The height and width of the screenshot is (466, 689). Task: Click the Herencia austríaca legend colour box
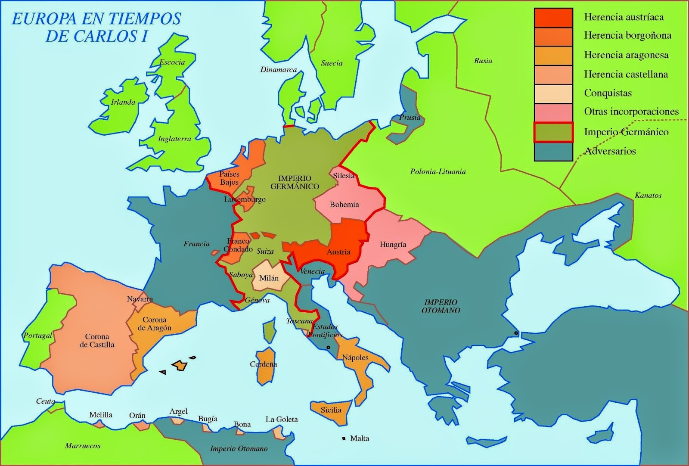553,18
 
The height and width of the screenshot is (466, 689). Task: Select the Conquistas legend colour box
553,93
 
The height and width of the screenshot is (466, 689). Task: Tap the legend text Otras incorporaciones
631,112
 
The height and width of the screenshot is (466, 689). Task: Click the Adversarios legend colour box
553,152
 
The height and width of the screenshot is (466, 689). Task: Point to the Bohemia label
344,205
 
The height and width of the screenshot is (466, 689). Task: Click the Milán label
269,278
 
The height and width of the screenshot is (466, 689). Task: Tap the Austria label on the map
338,252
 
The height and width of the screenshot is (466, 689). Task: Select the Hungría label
393,245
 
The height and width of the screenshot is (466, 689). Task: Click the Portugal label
38,336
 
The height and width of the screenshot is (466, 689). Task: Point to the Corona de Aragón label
154,324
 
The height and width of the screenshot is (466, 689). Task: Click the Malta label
360,438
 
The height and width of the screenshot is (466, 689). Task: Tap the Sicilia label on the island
331,410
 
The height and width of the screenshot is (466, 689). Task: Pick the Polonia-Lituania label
438,171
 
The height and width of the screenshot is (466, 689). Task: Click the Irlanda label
123,103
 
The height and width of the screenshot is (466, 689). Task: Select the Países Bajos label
229,178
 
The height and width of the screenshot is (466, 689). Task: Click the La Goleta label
281,419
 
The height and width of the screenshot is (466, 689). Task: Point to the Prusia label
410,117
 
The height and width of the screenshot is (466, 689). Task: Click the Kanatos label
648,196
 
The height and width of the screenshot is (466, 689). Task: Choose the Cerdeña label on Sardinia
263,364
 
